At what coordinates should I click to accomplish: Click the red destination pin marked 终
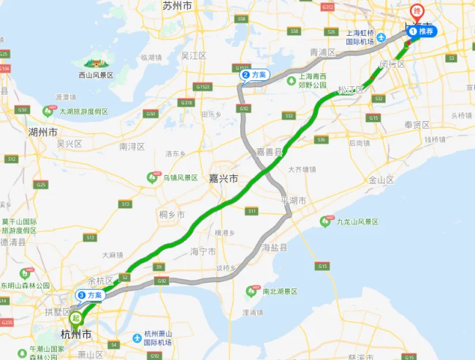(417, 12)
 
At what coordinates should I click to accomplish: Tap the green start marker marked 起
(75, 318)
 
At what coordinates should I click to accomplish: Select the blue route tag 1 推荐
(422, 31)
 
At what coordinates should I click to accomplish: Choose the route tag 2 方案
(254, 74)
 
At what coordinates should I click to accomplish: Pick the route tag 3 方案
(90, 295)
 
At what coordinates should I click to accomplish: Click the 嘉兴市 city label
(223, 179)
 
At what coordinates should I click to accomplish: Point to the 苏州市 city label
(177, 6)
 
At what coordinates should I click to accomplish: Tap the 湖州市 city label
(42, 132)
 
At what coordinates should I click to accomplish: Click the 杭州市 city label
(76, 334)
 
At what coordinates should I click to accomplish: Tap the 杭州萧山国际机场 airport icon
(138, 337)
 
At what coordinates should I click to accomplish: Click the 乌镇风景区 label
(180, 177)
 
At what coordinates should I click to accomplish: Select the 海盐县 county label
(275, 248)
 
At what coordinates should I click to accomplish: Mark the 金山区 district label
(381, 180)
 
